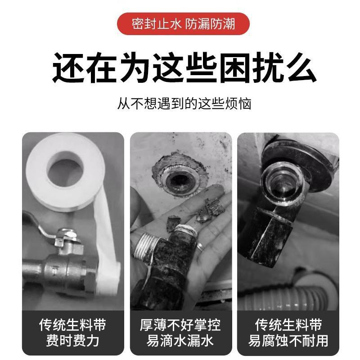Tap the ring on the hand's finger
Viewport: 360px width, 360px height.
click(202, 246)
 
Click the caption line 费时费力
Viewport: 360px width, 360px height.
click(72, 340)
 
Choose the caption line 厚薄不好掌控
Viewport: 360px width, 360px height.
click(180, 324)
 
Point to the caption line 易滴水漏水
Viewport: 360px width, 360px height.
click(180, 340)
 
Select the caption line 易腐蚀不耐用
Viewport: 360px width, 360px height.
click(288, 340)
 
